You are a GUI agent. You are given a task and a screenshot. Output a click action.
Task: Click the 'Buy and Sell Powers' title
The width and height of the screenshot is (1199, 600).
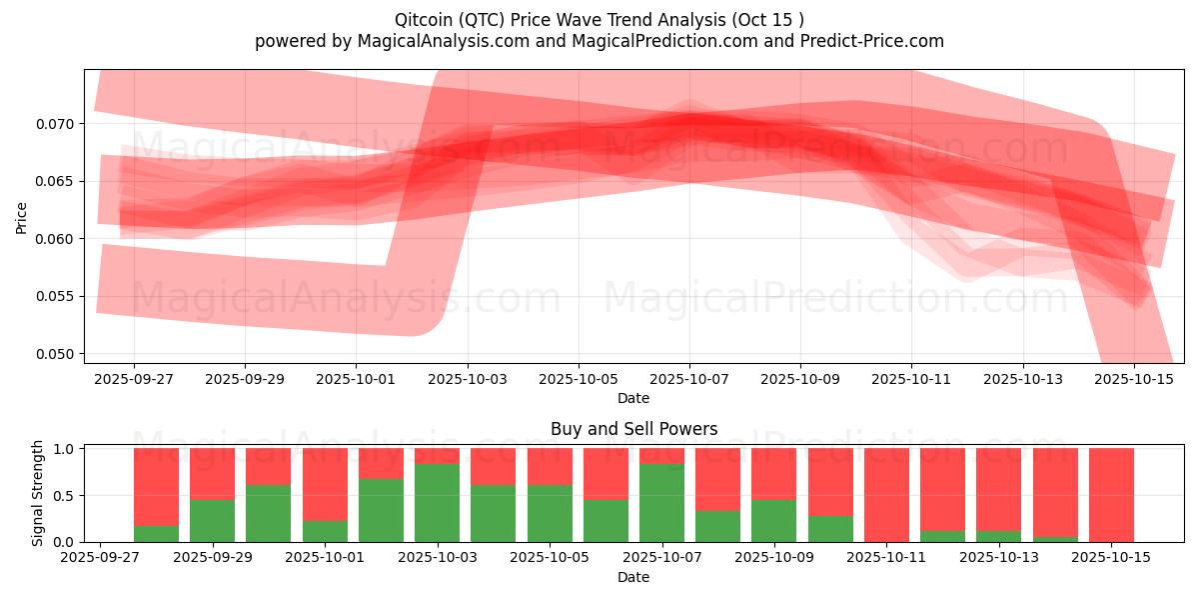coord(633,429)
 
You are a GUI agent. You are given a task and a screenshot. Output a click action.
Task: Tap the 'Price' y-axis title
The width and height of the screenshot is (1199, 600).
coord(22,216)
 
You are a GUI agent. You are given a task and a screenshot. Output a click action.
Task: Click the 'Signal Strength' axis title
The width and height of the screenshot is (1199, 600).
coord(38,493)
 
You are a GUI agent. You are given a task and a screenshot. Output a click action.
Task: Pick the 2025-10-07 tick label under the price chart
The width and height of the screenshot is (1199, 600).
coord(688,380)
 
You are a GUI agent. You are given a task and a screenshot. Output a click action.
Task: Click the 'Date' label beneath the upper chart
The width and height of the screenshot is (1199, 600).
coord(633,398)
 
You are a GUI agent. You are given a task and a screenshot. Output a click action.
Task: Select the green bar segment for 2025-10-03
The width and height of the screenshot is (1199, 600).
coord(438,503)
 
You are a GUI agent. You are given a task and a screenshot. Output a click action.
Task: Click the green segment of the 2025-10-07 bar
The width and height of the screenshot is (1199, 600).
coord(662,503)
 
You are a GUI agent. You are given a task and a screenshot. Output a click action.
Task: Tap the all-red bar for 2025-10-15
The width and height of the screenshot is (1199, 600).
coord(1111,495)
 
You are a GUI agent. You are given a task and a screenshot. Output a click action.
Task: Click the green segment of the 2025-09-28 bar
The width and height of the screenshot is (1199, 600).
coord(156,534)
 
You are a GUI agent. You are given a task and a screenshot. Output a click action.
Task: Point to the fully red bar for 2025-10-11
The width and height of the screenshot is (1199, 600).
coord(886,495)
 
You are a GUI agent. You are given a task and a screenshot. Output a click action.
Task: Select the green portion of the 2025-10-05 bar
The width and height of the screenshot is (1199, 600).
coord(550,513)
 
